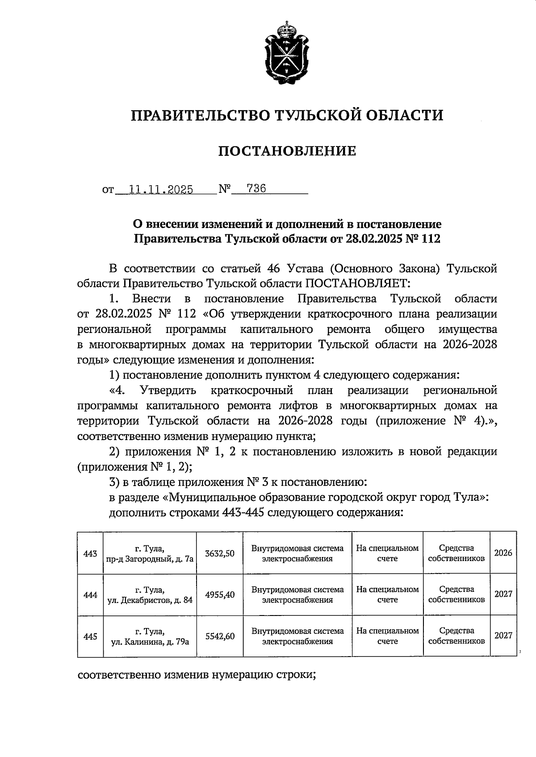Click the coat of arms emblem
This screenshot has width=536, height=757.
click(x=287, y=53)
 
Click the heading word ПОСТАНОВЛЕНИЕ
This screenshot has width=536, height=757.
click(x=287, y=151)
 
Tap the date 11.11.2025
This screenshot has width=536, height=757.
click(x=161, y=189)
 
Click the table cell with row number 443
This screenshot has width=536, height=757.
click(x=90, y=553)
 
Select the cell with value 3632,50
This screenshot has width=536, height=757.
click(x=220, y=553)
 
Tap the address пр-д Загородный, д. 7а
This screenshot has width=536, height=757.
click(x=150, y=559)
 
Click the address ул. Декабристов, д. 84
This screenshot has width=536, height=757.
click(x=150, y=600)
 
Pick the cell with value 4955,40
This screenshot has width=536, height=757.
click(x=220, y=595)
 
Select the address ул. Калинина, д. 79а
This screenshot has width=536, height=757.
click(x=150, y=642)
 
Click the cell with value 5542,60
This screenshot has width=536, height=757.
click(x=220, y=636)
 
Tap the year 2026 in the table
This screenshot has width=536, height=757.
click(x=503, y=553)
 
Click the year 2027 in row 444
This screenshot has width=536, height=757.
click(x=503, y=595)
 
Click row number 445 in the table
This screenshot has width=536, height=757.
click(x=90, y=636)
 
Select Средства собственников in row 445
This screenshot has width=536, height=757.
click(x=456, y=636)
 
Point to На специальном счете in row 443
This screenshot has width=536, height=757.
click(x=387, y=553)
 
